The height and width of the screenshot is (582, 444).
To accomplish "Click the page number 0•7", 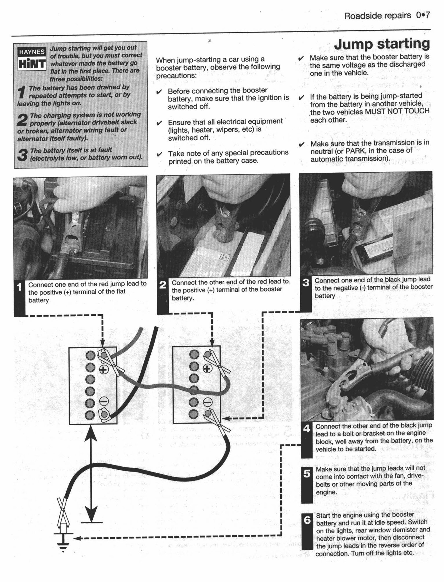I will tap(423, 15).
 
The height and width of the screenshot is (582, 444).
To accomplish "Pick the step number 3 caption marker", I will tap(306, 283).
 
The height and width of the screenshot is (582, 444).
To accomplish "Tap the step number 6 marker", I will tap(307, 520).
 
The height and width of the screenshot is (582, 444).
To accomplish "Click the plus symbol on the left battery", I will tap(103, 370).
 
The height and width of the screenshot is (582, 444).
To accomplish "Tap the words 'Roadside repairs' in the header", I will tap(377, 16).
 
